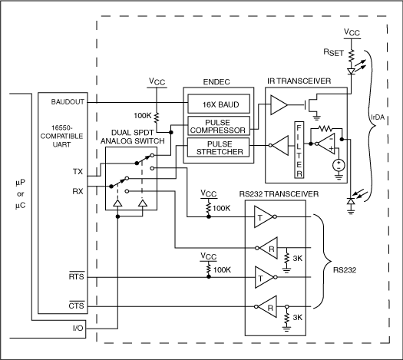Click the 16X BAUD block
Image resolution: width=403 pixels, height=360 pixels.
point(217,104)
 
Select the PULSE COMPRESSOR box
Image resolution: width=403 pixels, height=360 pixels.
point(217,126)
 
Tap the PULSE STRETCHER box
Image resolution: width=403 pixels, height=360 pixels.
point(217,147)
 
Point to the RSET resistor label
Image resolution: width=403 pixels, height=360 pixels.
point(332,54)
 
